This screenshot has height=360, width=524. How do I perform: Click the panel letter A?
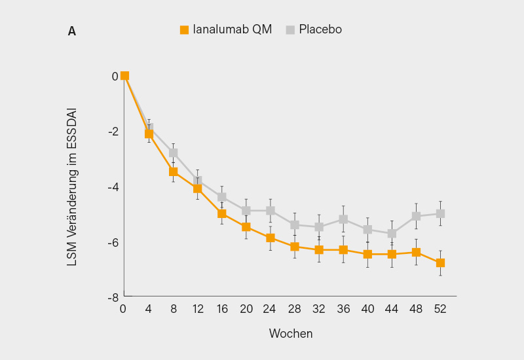click(x=71, y=31)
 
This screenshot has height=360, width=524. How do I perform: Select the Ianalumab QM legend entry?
click(x=226, y=29)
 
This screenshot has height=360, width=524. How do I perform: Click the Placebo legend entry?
click(x=313, y=29)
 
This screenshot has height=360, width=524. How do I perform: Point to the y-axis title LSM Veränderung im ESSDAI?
click(x=72, y=187)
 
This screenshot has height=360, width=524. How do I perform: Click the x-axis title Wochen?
click(x=291, y=334)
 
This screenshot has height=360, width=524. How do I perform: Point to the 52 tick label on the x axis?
click(x=440, y=309)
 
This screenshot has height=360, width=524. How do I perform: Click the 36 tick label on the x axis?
click(x=343, y=309)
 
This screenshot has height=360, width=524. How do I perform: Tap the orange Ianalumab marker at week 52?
click(x=440, y=263)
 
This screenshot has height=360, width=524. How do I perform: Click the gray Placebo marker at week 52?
click(x=440, y=213)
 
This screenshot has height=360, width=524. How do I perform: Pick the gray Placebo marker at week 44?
click(x=392, y=233)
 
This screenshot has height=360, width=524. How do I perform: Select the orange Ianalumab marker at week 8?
click(x=174, y=171)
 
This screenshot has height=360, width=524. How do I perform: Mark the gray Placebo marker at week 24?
click(x=271, y=211)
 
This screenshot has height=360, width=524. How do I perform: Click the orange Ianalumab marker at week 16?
click(x=222, y=213)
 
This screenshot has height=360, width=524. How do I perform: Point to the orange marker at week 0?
click(x=124, y=76)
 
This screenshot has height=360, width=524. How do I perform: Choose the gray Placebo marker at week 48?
click(x=416, y=216)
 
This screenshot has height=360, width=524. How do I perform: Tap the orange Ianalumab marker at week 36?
click(x=343, y=249)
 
